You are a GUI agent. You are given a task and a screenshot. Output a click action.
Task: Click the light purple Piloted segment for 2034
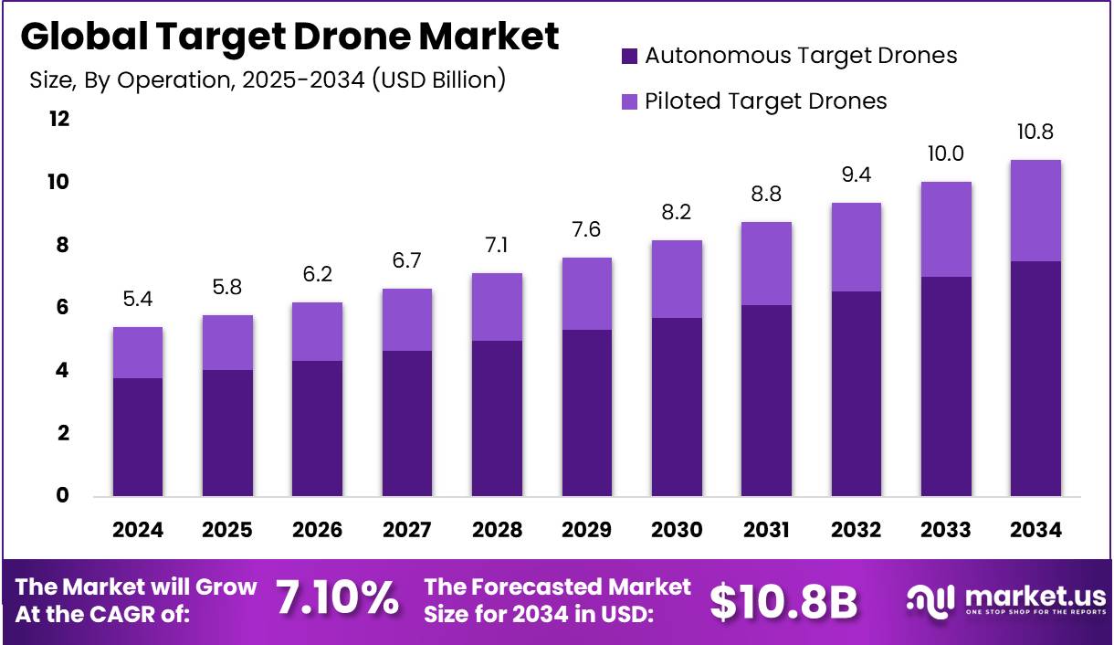pos(1035,210)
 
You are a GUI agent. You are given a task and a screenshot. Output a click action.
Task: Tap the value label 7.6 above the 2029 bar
pos(586,230)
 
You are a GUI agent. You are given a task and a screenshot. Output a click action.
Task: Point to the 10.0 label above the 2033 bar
pos(946,153)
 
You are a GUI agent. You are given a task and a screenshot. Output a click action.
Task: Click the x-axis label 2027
pos(406,531)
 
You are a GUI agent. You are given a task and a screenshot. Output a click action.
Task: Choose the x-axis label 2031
pos(766,531)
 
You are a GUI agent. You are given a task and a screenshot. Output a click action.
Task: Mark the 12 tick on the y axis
pos(59,119)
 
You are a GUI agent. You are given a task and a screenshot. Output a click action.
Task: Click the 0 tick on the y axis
pos(63,496)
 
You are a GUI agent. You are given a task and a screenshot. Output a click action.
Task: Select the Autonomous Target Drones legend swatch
pos(629,57)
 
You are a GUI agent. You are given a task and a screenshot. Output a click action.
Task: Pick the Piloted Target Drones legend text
pos(765,100)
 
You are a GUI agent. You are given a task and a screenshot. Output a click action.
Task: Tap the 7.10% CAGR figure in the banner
pos(337,599)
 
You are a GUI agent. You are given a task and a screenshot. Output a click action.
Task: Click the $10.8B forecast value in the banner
pos(784,600)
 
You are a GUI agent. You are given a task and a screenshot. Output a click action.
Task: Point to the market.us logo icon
pos(929,599)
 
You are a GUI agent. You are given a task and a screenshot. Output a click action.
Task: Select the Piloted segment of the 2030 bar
pos(677,279)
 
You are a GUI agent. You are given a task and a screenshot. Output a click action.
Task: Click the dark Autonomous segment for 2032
pos(857,394)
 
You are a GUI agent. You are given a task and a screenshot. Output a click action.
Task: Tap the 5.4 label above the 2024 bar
pos(138,299)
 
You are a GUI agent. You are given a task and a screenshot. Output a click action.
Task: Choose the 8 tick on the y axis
pos(63,245)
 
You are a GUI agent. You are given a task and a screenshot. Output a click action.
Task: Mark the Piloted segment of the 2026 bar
pos(317,332)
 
